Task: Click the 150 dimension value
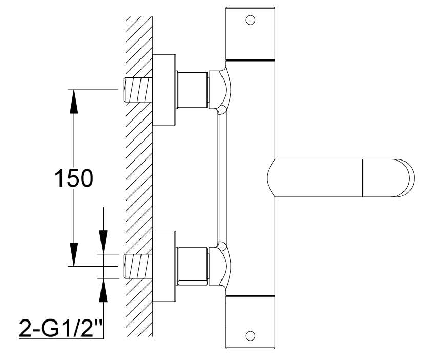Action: coord(74,178)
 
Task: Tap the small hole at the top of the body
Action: coord(250,21)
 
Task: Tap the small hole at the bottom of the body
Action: coord(250,336)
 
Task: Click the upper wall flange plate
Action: coord(164,89)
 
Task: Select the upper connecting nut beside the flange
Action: coord(192,89)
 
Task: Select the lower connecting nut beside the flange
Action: coord(192,265)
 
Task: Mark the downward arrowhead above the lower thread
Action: coord(103,243)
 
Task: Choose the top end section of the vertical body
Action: coord(250,34)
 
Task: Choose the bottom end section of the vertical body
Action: coord(250,323)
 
